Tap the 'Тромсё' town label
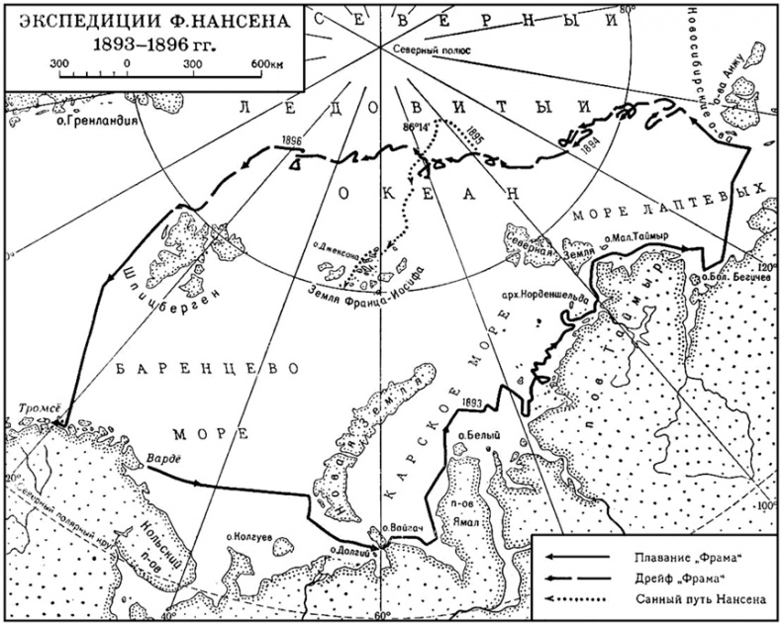coord(40,406)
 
